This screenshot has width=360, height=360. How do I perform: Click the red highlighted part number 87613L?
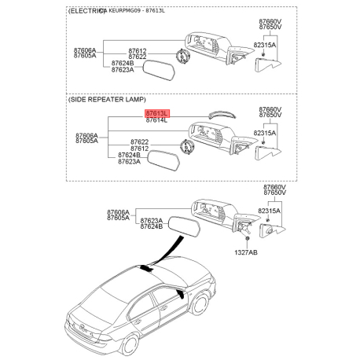click(x=156, y=114)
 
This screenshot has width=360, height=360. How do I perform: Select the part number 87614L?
click(x=156, y=121)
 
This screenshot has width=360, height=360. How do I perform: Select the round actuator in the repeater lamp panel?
click(x=187, y=145)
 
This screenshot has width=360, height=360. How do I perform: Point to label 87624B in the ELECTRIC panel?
click(x=123, y=63)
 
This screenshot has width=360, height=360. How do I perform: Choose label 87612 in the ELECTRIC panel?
click(x=138, y=50)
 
